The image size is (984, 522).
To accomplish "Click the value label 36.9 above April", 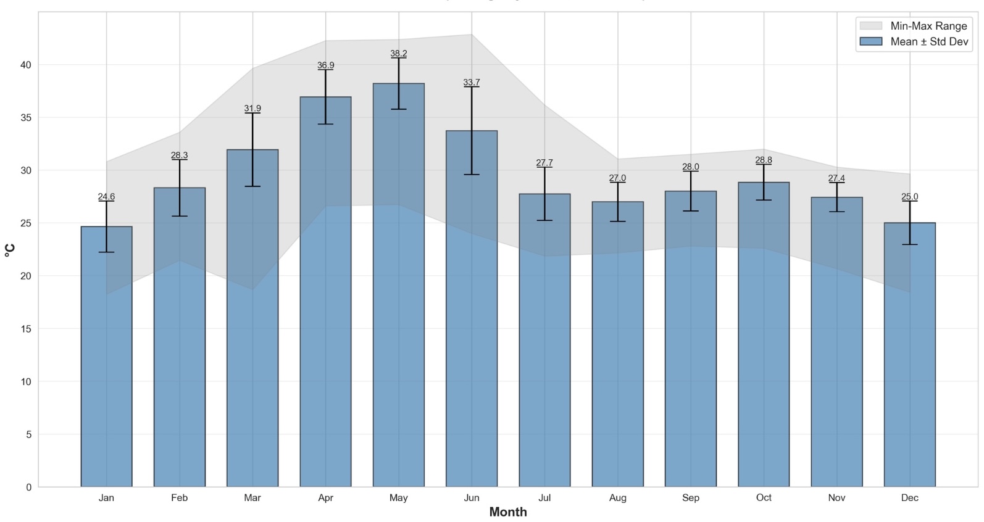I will (325, 65).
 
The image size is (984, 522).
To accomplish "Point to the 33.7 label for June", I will (472, 83).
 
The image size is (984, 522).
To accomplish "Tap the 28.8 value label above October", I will (764, 160).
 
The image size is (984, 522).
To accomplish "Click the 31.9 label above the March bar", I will (252, 109).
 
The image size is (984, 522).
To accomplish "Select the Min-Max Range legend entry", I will (912, 26).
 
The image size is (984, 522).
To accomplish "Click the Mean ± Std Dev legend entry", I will (912, 42).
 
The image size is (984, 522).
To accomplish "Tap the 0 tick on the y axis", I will (28, 487).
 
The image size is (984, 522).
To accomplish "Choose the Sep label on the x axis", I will (690, 498).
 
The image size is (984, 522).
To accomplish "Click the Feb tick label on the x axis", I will (179, 498).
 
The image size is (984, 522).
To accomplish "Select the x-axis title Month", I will (507, 512).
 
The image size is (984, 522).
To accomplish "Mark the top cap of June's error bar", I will (472, 87).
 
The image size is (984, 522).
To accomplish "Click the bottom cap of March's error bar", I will (252, 186).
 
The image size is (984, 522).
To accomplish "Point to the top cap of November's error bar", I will (836, 183).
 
